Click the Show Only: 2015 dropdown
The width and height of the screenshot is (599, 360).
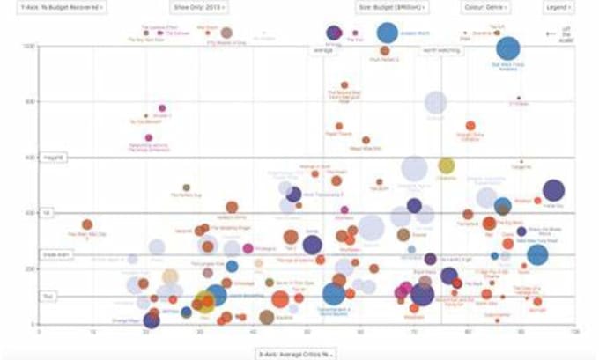tap(199, 6)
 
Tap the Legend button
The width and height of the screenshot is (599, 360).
tap(557, 6)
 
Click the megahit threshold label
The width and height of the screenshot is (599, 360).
tap(49, 158)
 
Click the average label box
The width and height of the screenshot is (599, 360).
tap(322, 50)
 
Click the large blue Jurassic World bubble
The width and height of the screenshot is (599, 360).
tap(386, 33)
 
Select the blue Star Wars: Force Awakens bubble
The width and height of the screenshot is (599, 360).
tap(508, 49)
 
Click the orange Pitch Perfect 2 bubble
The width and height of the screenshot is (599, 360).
tap(386, 51)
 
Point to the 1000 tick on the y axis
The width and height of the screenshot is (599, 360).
tap(31, 46)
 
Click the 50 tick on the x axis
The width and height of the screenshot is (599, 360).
tap(306, 332)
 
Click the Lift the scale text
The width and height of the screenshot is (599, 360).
tap(566, 35)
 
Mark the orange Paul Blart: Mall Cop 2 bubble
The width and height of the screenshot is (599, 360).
tap(87, 225)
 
